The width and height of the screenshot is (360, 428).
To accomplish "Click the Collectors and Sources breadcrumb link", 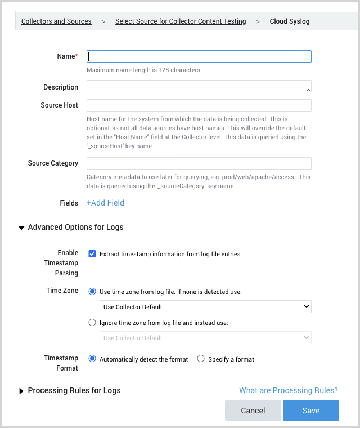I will pyautogui.click(x=56, y=21).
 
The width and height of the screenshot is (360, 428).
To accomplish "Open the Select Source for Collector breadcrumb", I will pyautogui.click(x=181, y=21).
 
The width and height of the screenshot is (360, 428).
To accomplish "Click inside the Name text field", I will pyautogui.click(x=199, y=56).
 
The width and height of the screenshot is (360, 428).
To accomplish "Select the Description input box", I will pyautogui.click(x=199, y=87).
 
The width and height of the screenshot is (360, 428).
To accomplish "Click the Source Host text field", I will pyautogui.click(x=199, y=105).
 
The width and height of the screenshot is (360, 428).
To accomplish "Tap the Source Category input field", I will pyautogui.click(x=199, y=163).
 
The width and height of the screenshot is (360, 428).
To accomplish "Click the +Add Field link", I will pyautogui.click(x=105, y=203).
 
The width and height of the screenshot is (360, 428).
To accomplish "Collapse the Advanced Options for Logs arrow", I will pyautogui.click(x=21, y=228).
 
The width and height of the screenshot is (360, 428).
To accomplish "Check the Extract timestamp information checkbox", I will pyautogui.click(x=92, y=254).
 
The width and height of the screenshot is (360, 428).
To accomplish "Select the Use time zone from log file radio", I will pyautogui.click(x=92, y=292).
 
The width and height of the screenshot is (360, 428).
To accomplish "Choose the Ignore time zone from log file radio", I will pyautogui.click(x=92, y=323).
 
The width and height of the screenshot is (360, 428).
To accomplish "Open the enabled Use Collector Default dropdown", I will pyautogui.click(x=205, y=307).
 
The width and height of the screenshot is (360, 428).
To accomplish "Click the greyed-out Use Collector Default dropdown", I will pyautogui.click(x=205, y=338).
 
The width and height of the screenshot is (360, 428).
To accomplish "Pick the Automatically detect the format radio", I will pyautogui.click(x=92, y=359).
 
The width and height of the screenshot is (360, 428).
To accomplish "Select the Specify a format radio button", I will pyautogui.click(x=201, y=359).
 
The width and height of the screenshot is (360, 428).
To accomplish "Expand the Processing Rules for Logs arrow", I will pyautogui.click(x=21, y=391).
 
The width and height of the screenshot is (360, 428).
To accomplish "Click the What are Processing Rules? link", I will pyautogui.click(x=289, y=390).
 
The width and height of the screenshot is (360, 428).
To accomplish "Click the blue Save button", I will pyautogui.click(x=310, y=411).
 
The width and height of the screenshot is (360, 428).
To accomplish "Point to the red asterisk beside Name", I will pyautogui.click(x=76, y=56).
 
